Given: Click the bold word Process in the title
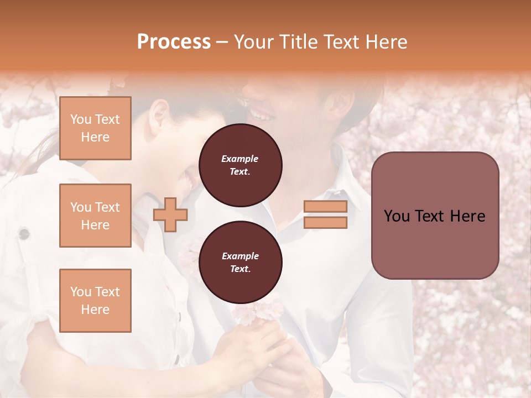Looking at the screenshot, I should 174,42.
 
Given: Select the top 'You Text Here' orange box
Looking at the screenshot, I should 95,128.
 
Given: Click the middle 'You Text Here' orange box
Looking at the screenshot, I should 95,216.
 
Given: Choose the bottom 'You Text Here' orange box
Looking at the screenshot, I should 95,301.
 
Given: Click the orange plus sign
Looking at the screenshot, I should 170,214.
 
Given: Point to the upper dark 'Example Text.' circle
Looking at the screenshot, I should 240,165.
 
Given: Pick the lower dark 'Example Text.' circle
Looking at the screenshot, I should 240,263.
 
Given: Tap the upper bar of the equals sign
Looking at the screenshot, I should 325,206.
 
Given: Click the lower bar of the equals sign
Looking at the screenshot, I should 325,222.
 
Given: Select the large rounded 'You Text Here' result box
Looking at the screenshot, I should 435,216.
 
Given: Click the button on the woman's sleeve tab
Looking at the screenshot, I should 24,234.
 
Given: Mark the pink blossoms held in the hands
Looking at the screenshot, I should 252,313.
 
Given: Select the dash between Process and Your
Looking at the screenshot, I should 222,42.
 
